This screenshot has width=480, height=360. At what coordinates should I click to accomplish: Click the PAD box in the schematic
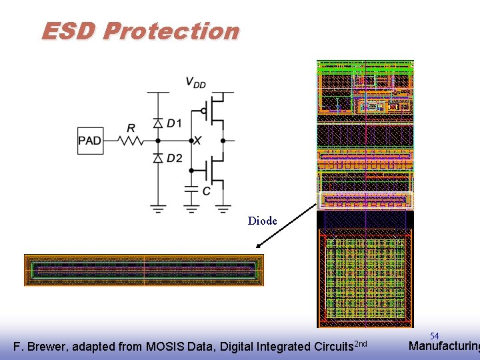click(90, 141)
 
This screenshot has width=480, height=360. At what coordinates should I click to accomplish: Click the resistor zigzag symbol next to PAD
click(130, 141)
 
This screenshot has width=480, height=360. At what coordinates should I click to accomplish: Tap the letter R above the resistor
click(131, 127)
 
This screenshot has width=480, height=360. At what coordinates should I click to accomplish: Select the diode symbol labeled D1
click(158, 123)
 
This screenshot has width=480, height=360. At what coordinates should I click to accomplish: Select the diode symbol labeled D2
click(158, 158)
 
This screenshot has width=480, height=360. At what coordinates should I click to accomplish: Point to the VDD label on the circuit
click(195, 83)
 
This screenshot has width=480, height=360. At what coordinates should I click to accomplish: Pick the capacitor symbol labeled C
click(191, 191)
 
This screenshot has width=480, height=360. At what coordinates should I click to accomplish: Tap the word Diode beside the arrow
click(262, 221)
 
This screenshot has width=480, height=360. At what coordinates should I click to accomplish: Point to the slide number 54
click(434, 336)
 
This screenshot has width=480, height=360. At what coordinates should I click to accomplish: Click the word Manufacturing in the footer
click(443, 346)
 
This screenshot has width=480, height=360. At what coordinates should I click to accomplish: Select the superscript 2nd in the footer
click(360, 343)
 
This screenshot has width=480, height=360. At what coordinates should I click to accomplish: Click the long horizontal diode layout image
click(144, 270)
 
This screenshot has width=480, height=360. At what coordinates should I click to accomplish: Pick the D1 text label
click(174, 123)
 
